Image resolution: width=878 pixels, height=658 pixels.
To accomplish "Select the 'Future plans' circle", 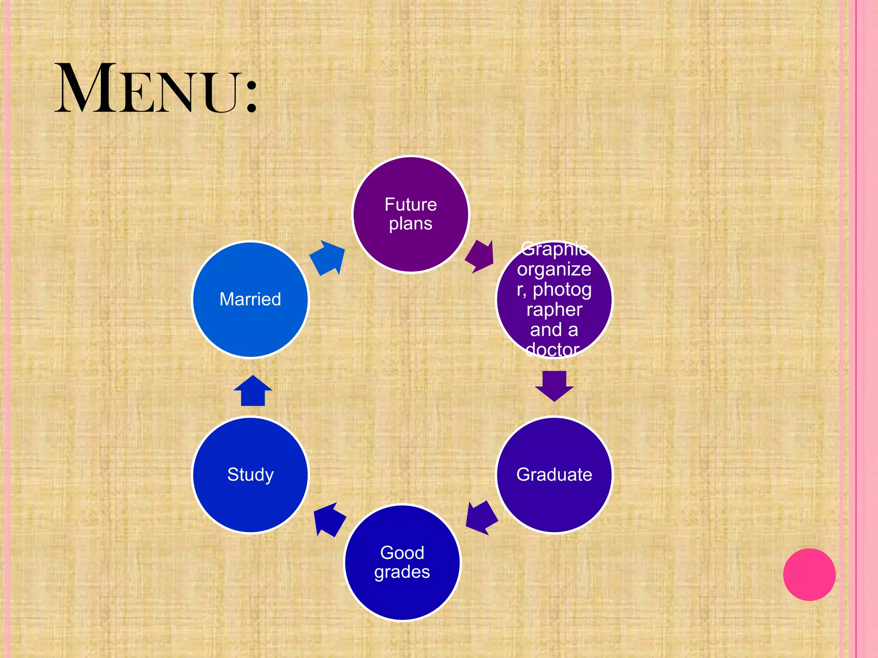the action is coord(411,214).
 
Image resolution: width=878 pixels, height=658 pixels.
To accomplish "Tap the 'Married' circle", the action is coord(250,299).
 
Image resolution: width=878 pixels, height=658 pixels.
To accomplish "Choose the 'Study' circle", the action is coord(250,475).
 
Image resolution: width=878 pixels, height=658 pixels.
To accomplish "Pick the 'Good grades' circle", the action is coord(402,562).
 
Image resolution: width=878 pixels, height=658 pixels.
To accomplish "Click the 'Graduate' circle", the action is coord(554,475).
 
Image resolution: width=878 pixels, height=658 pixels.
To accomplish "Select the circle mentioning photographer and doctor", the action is coord(554,299).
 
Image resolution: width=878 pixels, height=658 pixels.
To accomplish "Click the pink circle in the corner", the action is coord(809,574).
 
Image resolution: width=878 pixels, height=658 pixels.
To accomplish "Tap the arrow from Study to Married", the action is coord(253,390).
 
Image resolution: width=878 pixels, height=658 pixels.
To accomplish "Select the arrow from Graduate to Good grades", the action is coord(481,517).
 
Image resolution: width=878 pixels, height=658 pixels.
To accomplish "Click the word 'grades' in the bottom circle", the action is coord(402,573).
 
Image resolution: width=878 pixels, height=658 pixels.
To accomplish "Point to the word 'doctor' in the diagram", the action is coord(552,350).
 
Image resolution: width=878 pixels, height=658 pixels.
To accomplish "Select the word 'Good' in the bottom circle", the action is coord(402,553).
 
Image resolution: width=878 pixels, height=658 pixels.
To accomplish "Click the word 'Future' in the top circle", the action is coord(411,204).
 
